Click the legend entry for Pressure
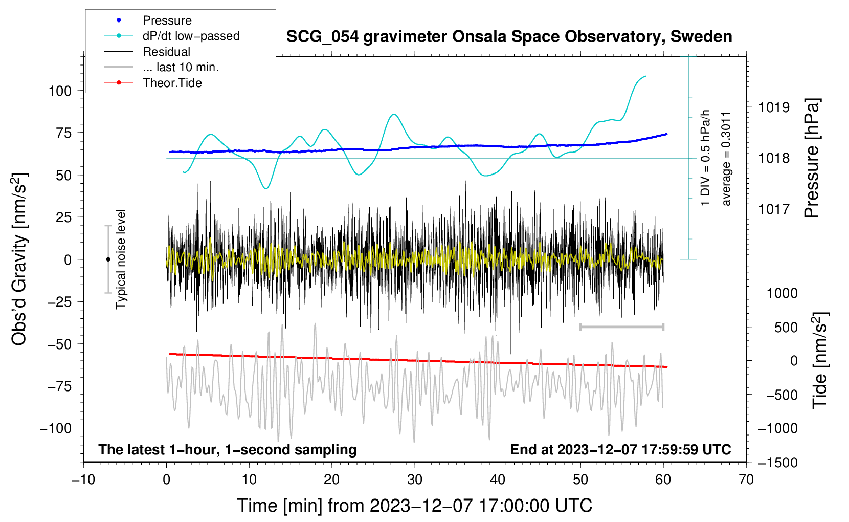click(x=167, y=20)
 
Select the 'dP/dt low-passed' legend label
click(x=191, y=36)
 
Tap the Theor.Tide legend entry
click(x=172, y=83)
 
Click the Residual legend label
click(x=166, y=52)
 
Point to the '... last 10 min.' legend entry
click(x=181, y=67)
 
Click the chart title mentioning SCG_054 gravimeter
click(x=509, y=37)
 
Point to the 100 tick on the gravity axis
click(x=60, y=91)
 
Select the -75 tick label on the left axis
click(x=60, y=386)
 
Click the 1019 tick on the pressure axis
click(x=774, y=107)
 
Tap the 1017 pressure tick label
click(x=774, y=209)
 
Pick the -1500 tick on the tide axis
click(x=778, y=463)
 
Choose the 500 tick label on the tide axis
click(x=786, y=328)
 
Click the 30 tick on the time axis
click(x=415, y=480)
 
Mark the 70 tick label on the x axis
click(x=746, y=480)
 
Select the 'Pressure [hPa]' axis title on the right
click(x=812, y=159)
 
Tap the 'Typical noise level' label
click(x=121, y=259)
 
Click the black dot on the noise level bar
click(x=108, y=259)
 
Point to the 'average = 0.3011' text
click(x=726, y=159)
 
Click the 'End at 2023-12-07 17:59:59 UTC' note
click(x=620, y=450)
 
